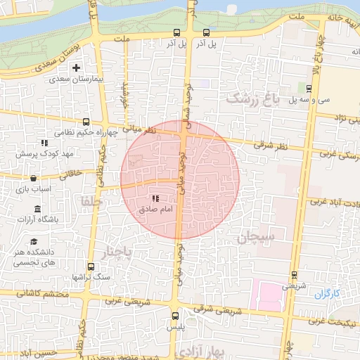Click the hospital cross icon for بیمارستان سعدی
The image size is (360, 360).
tap(76, 67)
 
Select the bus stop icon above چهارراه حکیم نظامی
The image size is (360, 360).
tap(86, 122)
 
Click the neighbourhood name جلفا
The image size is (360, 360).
tap(91, 202)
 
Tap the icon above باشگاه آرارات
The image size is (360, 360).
tap(37, 209)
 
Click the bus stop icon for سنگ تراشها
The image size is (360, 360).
tap(91, 266)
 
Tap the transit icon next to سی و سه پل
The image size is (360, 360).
tap(309, 88)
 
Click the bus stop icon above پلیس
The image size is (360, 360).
tap(176, 315)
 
